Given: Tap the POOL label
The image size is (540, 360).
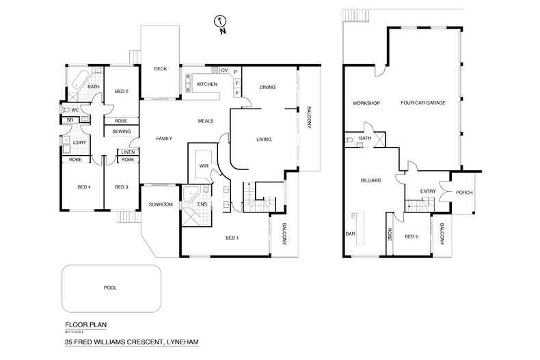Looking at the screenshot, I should click(110, 288).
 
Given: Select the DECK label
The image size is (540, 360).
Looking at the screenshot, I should click(160, 68).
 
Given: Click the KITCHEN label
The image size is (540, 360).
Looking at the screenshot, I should click(207, 84).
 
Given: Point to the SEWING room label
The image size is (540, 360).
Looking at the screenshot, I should click(122, 130).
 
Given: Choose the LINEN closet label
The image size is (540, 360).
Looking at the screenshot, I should click(128, 152).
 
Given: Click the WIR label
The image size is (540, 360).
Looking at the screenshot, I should click(203, 165).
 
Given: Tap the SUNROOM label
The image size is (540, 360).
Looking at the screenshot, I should click(161, 204).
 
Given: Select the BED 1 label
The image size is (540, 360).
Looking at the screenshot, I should click(232, 238).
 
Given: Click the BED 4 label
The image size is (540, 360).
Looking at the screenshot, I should click(84, 186).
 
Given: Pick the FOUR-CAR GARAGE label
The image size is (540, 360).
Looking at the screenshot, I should click(423, 102).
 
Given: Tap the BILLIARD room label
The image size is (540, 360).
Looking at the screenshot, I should click(370, 180).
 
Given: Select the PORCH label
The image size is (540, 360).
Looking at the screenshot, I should click(464, 192).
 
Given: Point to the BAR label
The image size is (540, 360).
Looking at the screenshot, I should click(350, 233).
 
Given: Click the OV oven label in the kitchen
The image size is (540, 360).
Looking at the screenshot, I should click(223, 70).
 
